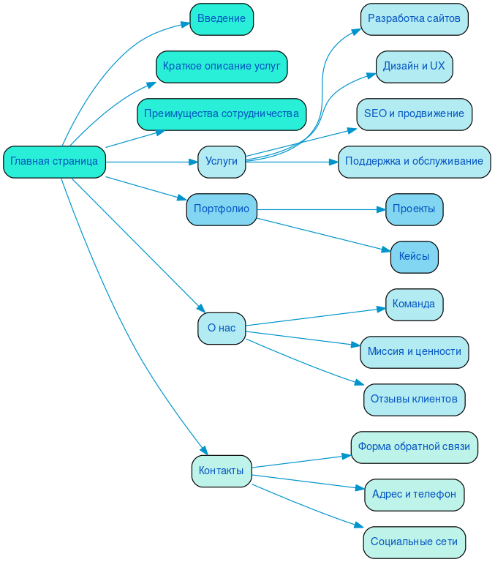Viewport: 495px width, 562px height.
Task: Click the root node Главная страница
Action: click(x=54, y=162)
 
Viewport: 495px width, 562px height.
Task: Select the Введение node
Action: click(x=222, y=19)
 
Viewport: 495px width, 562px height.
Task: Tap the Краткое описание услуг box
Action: click(x=222, y=67)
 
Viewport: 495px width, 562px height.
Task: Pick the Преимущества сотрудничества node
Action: click(x=222, y=114)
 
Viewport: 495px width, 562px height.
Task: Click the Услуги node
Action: click(x=222, y=162)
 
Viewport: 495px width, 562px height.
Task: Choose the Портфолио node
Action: click(x=222, y=209)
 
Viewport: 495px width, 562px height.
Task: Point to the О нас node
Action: click(x=222, y=329)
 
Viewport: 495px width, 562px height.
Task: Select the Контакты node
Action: click(x=222, y=471)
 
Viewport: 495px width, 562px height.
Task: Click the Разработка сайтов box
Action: click(x=414, y=19)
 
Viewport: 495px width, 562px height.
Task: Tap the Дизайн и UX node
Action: click(x=414, y=67)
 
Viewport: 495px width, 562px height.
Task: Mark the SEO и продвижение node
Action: click(x=414, y=114)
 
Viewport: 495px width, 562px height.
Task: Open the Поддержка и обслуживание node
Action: click(x=414, y=162)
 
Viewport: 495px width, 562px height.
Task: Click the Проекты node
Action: click(x=414, y=209)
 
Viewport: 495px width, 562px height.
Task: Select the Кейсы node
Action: click(x=414, y=257)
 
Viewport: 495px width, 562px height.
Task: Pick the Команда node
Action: click(x=414, y=304)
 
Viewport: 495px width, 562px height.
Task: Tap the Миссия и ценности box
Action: click(x=414, y=352)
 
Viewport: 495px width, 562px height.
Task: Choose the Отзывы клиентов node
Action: click(x=414, y=400)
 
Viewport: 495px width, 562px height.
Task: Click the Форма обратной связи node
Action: click(x=414, y=447)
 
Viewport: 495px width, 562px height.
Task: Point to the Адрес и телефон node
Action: click(x=414, y=495)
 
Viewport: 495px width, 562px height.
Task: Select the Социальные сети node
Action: click(x=414, y=542)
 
